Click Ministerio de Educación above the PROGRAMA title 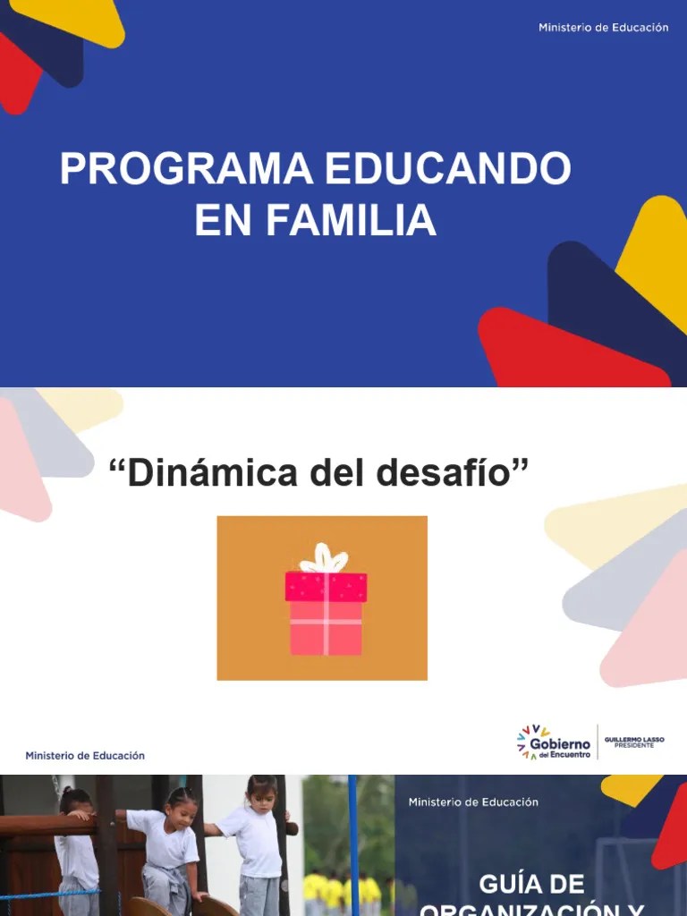point(603,28)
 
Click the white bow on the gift point(323,559)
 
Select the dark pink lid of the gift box point(326,587)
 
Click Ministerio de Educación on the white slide point(85,755)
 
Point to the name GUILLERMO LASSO point(634,739)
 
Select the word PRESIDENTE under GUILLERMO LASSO point(634,746)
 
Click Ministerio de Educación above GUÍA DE point(473,802)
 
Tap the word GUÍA point(505,886)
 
